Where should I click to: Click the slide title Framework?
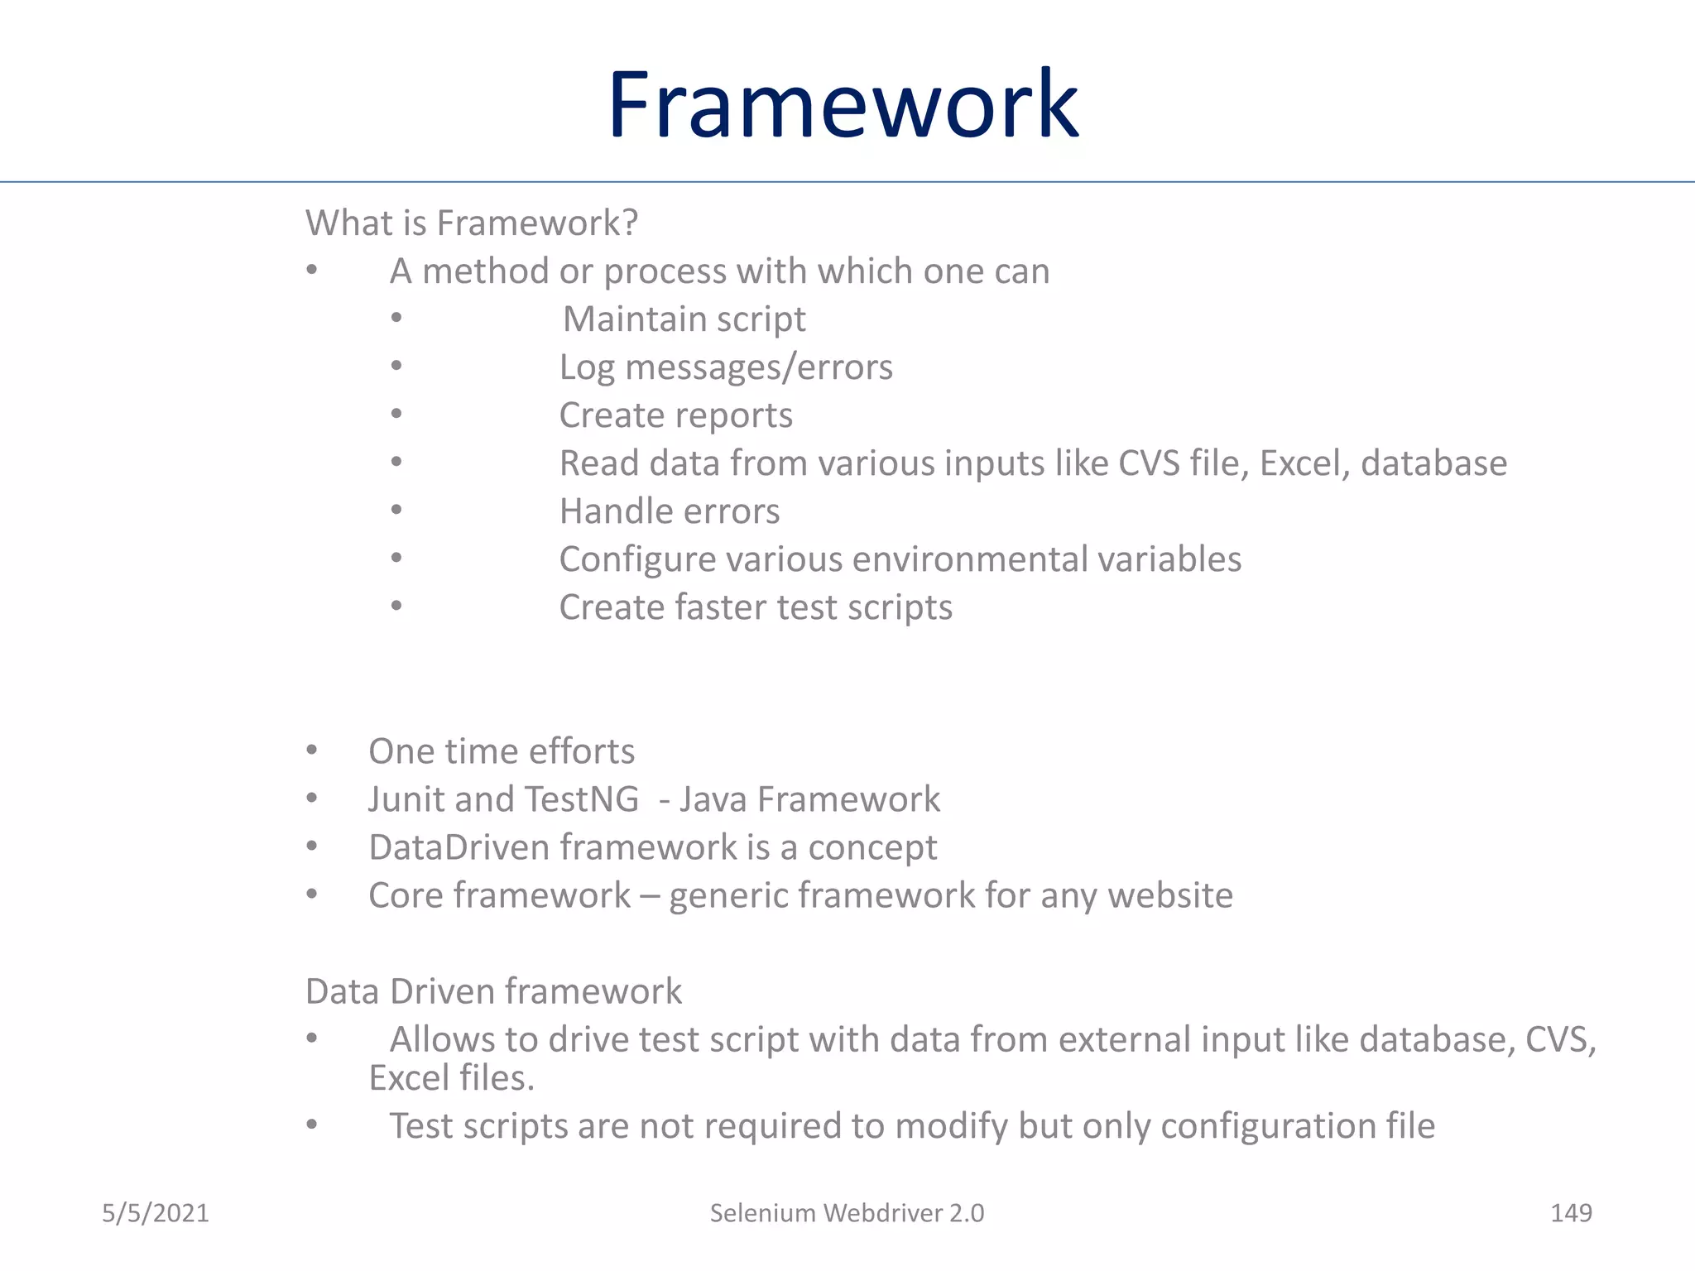point(843,105)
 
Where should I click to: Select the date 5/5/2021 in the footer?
point(156,1213)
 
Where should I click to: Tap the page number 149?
point(1570,1213)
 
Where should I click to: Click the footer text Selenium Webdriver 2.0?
point(847,1213)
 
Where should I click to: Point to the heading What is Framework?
point(472,223)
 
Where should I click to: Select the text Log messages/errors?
point(726,367)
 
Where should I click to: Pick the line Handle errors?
point(669,511)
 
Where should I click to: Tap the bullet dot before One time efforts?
point(312,750)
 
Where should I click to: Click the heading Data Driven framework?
point(493,991)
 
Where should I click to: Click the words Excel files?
point(452,1078)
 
